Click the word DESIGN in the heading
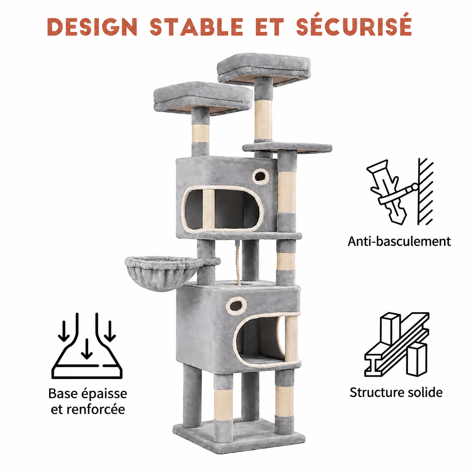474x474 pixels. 92,26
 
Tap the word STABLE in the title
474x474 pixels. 197,26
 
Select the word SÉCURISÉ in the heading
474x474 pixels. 354,25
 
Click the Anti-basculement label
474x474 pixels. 399,241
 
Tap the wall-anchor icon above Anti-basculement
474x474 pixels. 400,192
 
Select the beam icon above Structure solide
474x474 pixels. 397,348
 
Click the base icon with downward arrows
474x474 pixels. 87,345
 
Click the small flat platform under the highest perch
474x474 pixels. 287,148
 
